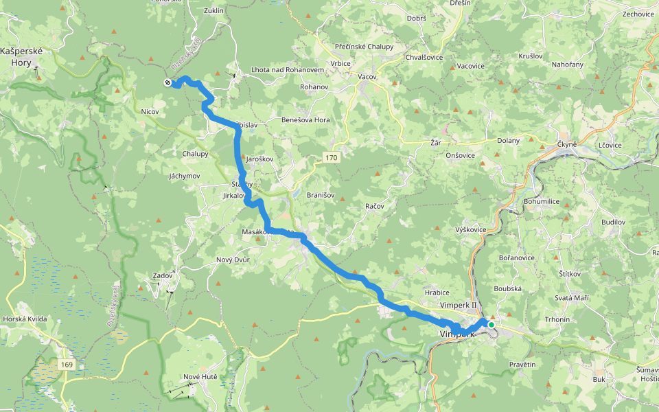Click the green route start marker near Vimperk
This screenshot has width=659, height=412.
coord(491,324)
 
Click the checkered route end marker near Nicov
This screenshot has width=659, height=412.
coord(167,83)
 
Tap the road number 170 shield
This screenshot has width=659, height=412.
coord(332,158)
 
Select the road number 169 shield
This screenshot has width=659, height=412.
coord(67,364)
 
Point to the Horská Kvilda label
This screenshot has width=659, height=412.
coord(25,319)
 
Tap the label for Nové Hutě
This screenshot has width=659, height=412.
coord(200,377)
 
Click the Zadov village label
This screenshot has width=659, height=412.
coord(163,275)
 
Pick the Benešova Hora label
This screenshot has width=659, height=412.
coord(306,120)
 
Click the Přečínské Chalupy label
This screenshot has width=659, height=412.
coord(365,47)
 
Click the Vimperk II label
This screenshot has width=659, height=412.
coord(458,304)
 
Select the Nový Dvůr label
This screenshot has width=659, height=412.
coord(233,260)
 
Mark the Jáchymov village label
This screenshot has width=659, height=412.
coord(184,176)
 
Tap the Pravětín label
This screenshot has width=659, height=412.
coord(522,364)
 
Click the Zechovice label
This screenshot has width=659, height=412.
coord(638,14)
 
